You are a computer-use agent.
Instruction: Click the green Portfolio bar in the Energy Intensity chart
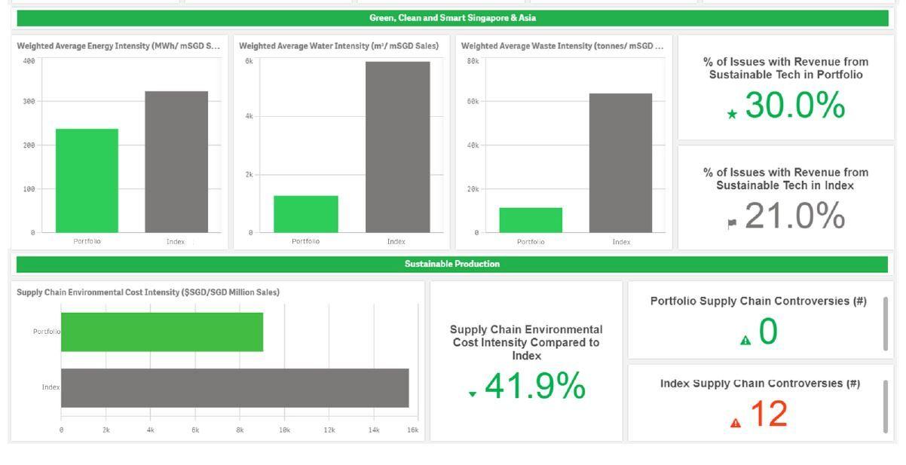87,181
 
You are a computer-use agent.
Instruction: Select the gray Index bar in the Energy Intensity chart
176,162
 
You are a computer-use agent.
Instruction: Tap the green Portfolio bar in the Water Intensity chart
305,214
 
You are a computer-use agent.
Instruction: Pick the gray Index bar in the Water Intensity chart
397,147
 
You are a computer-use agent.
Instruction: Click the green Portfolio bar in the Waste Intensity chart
531,220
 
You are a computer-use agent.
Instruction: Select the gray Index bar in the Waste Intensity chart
620,163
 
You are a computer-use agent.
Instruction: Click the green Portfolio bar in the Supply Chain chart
162,332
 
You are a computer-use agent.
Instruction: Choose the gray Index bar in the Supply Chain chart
234,387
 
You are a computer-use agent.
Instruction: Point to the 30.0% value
794,106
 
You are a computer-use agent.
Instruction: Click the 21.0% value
794,216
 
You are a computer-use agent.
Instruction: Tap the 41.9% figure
534,387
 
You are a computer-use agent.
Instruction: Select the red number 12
767,415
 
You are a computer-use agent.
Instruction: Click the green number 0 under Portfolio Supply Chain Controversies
767,332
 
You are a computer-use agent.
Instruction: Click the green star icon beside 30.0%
731,115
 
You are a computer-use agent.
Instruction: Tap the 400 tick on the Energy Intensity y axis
29,61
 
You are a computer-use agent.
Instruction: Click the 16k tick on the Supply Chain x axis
412,430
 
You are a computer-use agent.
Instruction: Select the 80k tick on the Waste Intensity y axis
473,61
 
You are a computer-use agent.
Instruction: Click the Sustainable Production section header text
451,264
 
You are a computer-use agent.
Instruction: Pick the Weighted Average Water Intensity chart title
338,46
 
